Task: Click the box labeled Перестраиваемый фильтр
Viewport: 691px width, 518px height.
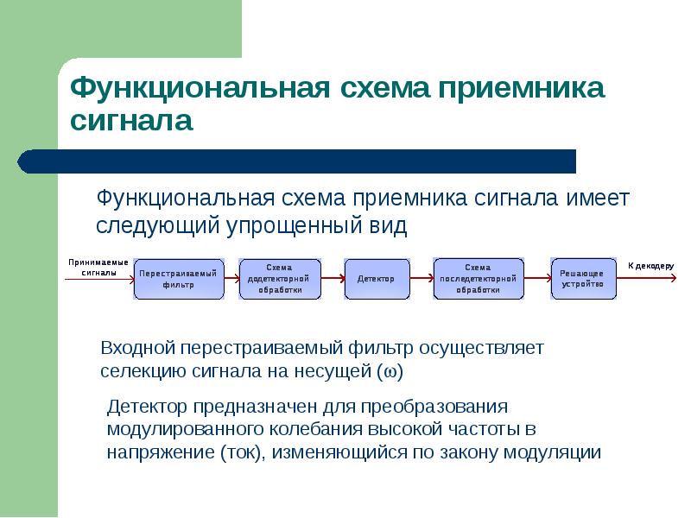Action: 179,279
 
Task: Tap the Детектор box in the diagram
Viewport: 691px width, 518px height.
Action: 376,279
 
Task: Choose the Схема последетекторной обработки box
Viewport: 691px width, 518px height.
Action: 478,279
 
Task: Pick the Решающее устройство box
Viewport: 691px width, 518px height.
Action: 583,279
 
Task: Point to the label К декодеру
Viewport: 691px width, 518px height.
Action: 650,266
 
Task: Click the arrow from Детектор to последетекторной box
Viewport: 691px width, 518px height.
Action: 420,278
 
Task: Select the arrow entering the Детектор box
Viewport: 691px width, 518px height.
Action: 333,278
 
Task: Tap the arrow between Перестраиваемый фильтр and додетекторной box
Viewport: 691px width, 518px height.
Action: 231,278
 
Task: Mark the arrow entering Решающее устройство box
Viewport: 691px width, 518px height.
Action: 536,278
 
